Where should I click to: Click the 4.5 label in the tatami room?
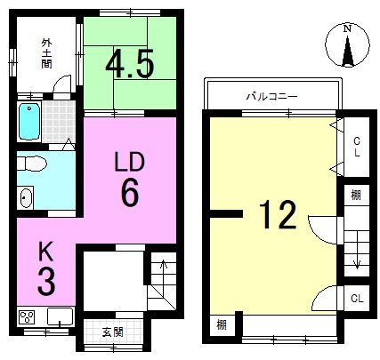pyautogui.click(x=130, y=64)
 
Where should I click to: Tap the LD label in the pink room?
pyautogui.click(x=130, y=162)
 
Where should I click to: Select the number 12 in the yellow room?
pyautogui.click(x=278, y=214)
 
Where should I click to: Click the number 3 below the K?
pyautogui.click(x=46, y=280)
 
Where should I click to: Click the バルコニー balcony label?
pyautogui.click(x=271, y=97)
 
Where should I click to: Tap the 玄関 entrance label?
pyautogui.click(x=112, y=332)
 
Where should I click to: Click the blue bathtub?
pyautogui.click(x=29, y=122)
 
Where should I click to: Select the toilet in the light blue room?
pyautogui.click(x=32, y=164)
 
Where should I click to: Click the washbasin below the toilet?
pyautogui.click(x=27, y=197)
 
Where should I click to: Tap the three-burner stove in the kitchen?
pyautogui.click(x=27, y=317)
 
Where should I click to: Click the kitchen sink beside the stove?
pyautogui.click(x=60, y=316)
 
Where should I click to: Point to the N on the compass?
pyautogui.click(x=347, y=29)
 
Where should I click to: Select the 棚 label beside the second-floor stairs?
pyautogui.click(x=356, y=196)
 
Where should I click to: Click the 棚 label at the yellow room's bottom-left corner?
pyautogui.click(x=222, y=325)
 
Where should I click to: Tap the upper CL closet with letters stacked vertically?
pyautogui.click(x=357, y=147)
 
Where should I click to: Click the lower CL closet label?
pyautogui.click(x=357, y=299)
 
